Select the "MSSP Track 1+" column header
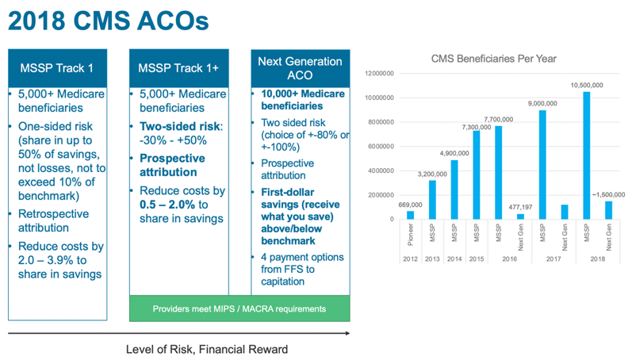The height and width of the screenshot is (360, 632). coord(178,68)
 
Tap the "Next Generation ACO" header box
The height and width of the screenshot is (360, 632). coord(301,68)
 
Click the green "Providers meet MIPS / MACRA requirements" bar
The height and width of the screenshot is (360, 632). coord(239,308)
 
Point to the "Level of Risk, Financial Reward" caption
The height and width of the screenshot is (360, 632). coord(207,349)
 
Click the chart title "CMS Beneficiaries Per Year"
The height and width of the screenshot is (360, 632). coord(493,58)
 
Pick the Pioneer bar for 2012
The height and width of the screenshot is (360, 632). coord(410,214)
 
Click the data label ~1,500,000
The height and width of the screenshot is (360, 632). coord(608,193)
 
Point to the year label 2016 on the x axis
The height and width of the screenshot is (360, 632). coord(509,259)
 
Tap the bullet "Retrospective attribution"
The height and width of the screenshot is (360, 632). coord(54,220)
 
